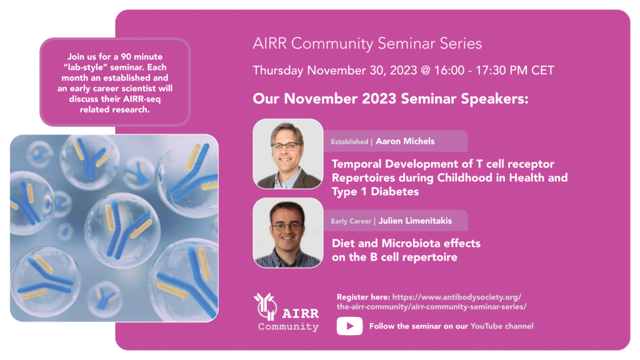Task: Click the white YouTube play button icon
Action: (x=349, y=326)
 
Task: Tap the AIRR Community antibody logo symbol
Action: (x=265, y=306)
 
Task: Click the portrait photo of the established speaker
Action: (x=287, y=154)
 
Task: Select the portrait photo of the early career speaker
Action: (x=287, y=233)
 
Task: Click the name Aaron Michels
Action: (x=405, y=141)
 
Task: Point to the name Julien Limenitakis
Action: (x=415, y=221)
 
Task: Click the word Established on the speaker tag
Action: (x=349, y=142)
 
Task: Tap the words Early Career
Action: (x=351, y=221)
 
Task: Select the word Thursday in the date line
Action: (x=278, y=71)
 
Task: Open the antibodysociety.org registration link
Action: (x=431, y=302)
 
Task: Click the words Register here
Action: (x=363, y=297)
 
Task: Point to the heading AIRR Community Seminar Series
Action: (x=367, y=44)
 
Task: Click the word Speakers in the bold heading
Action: (x=495, y=99)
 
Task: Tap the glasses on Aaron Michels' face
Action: (x=287, y=146)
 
